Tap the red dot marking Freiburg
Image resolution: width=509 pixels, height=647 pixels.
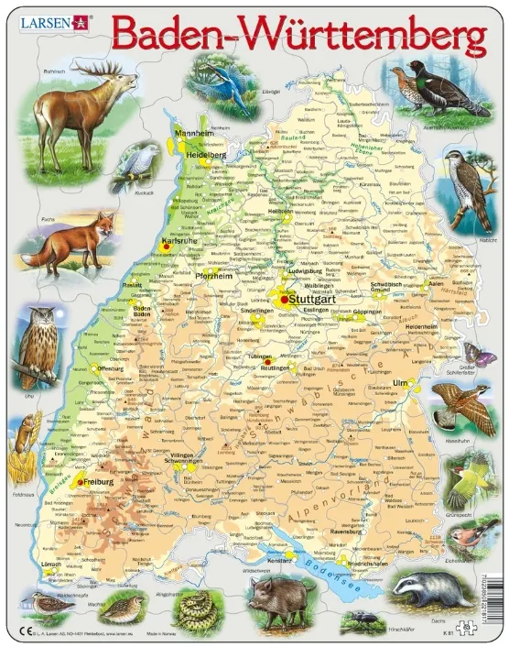[x=81, y=482]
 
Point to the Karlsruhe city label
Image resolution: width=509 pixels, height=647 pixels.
[x=179, y=241]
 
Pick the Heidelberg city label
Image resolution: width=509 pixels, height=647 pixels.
[x=206, y=156]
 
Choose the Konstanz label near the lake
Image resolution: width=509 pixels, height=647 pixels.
[x=278, y=559]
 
